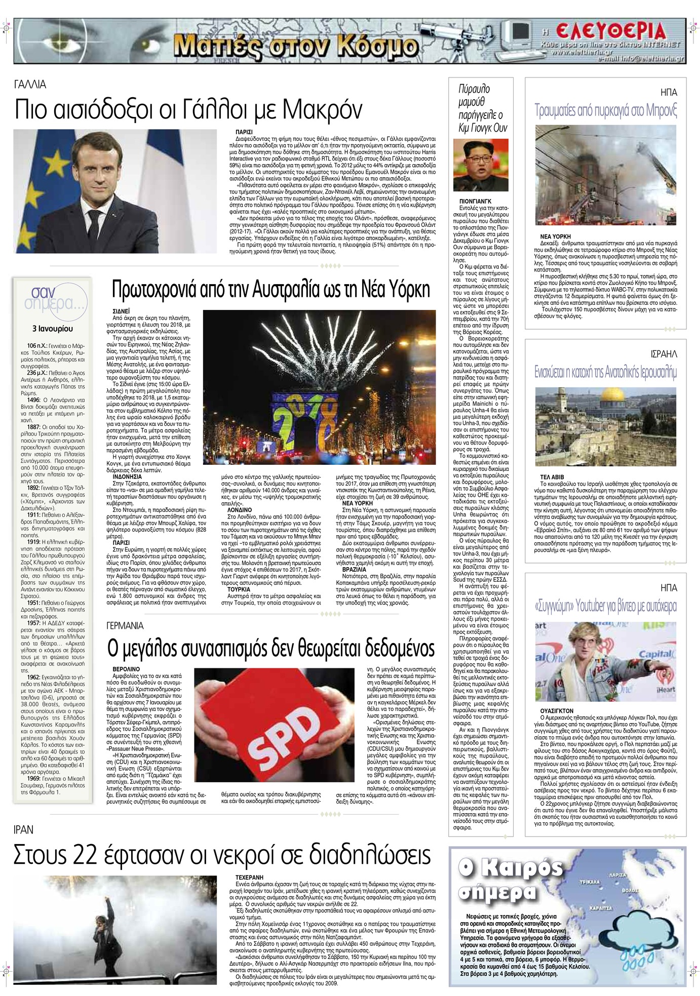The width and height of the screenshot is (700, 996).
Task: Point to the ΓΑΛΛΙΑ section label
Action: (30, 85)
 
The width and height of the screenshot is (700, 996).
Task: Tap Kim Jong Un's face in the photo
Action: (479, 161)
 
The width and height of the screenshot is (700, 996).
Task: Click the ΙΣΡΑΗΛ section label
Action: (664, 353)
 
